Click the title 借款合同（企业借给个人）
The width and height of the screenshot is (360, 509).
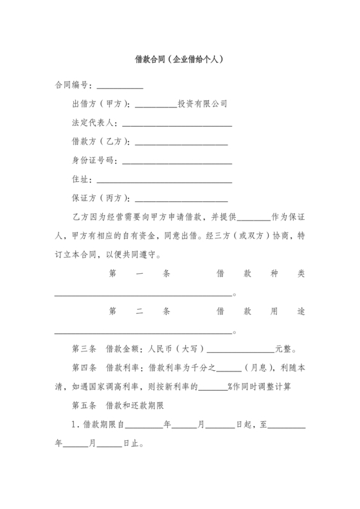[x=179, y=58]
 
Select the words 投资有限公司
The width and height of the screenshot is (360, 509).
[x=202, y=103]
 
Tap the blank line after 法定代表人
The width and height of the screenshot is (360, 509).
[x=177, y=123]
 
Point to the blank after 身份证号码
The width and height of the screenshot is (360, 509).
[x=177, y=160]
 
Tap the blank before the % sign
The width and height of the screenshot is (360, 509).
[x=208, y=388]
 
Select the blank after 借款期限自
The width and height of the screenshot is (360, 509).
[x=148, y=425]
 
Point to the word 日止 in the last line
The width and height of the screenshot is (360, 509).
[x=132, y=444]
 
